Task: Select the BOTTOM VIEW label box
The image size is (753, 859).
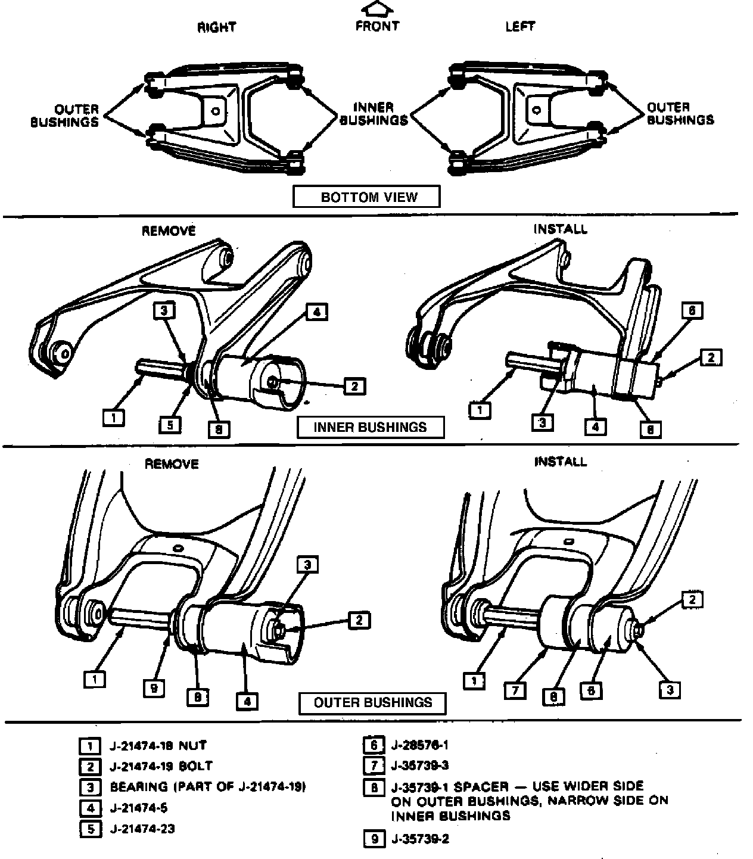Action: (366, 197)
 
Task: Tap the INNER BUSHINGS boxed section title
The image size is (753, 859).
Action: (370, 427)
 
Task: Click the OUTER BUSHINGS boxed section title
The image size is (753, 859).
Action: (373, 703)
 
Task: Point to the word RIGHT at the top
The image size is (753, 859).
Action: (217, 27)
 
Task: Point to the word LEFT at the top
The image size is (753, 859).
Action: (520, 27)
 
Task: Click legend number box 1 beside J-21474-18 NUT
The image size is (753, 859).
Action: (89, 746)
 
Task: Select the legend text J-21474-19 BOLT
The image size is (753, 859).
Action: (161, 766)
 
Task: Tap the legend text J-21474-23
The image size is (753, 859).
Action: (142, 829)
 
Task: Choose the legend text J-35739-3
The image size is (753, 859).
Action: (420, 765)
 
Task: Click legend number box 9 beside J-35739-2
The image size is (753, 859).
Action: (374, 839)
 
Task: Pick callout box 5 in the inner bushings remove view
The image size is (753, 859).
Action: (170, 425)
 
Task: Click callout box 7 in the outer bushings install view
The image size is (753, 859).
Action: (515, 690)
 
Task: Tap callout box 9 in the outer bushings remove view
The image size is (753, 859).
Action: (154, 689)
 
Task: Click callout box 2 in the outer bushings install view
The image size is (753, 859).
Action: (692, 600)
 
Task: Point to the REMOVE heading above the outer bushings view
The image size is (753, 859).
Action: (172, 464)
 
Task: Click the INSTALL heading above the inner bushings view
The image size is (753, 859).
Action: (560, 229)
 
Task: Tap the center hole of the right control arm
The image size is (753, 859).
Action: (217, 111)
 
